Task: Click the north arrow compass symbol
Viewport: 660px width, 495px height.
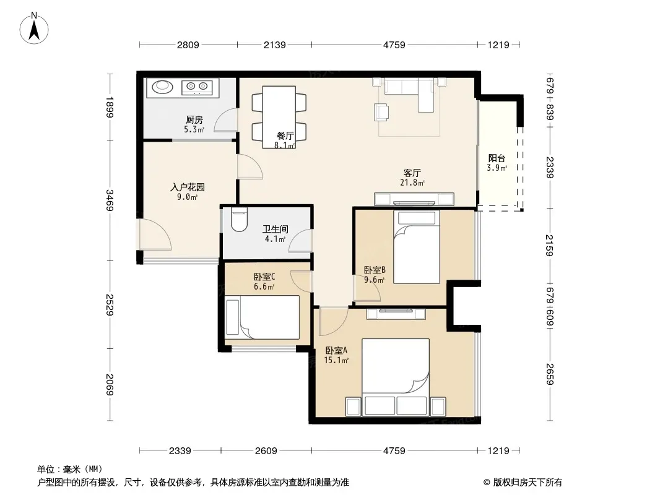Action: coord(34,28)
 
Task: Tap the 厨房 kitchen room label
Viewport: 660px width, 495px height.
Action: coord(194,120)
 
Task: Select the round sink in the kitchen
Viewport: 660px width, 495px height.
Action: coord(162,87)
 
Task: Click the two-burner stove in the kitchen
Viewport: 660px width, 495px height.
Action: coord(197,87)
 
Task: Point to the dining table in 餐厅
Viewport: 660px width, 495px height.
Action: coord(279,117)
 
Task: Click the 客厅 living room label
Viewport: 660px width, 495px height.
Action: coord(412,173)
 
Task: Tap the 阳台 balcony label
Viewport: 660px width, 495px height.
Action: coord(497,158)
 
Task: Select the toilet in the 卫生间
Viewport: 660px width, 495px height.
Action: coord(239,220)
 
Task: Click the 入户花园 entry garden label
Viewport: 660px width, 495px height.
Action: coord(188,187)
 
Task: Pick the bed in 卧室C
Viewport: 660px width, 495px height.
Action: coord(263,317)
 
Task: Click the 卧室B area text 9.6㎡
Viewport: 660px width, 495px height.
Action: coord(374,280)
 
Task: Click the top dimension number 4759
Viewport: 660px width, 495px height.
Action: coord(394,45)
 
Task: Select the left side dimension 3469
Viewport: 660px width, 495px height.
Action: coord(110,200)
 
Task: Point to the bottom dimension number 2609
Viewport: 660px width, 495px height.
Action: coord(266,451)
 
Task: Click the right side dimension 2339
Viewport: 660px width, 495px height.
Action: coord(550,167)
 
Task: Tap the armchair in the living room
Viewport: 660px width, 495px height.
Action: coord(381,112)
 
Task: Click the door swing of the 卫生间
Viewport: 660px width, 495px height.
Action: coord(300,241)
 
